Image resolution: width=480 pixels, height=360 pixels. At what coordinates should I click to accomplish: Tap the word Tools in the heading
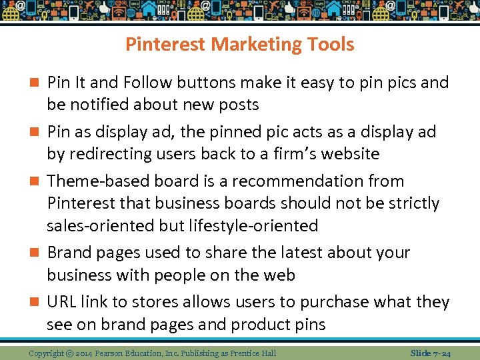328,45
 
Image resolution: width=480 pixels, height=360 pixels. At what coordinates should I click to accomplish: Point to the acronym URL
61,302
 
